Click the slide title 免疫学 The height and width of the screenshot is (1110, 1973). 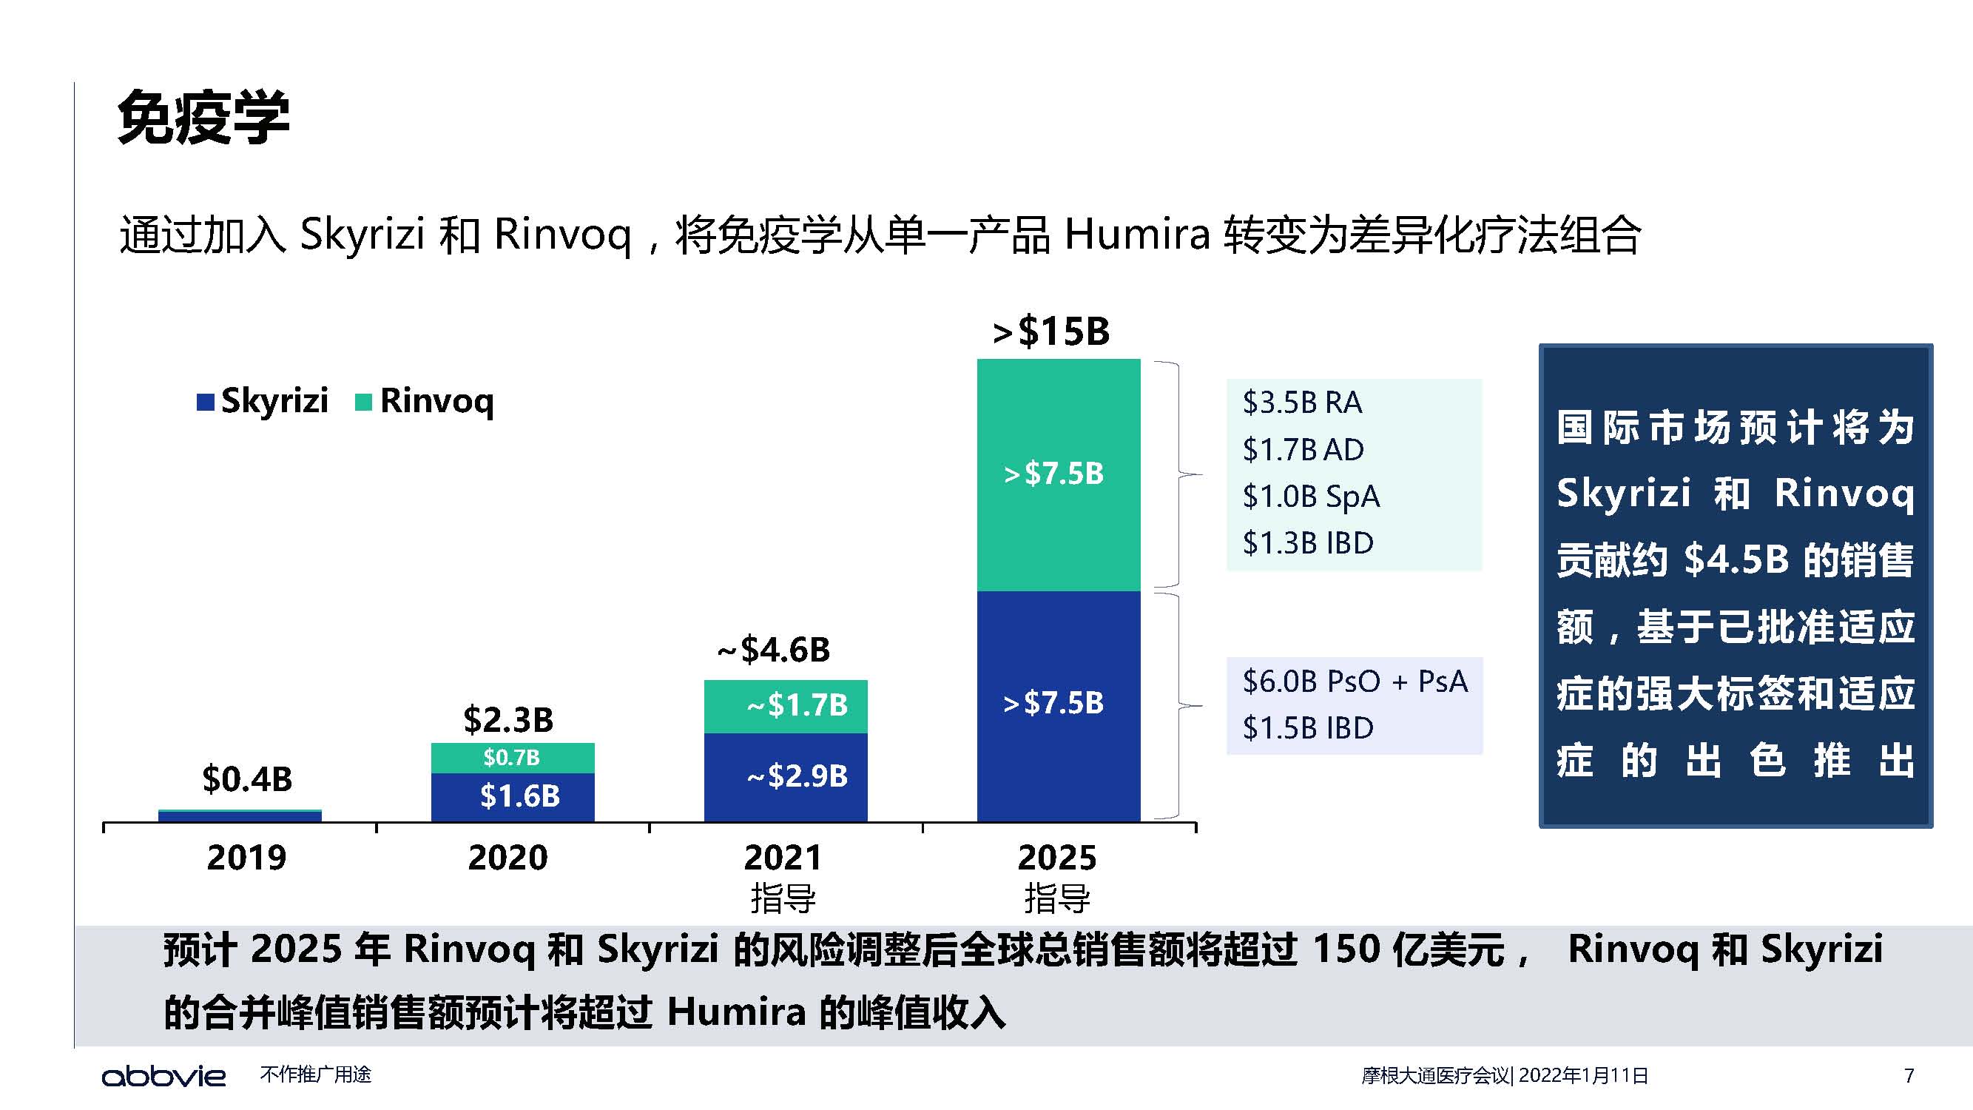coord(203,118)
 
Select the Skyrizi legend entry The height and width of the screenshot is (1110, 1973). coord(263,400)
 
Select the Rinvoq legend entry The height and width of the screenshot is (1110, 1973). coord(425,400)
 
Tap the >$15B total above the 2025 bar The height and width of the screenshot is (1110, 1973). coord(1050,332)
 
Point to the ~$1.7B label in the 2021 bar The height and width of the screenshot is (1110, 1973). coord(797,704)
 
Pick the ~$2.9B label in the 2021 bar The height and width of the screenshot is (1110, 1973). coord(797,776)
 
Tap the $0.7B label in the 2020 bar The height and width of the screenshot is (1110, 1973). coord(512,758)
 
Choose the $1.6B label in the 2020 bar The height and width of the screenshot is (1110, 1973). coord(519,796)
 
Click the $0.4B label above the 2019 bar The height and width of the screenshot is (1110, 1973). coord(246,779)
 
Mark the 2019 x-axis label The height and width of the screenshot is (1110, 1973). coord(246,857)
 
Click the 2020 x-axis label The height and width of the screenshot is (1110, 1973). coord(507,857)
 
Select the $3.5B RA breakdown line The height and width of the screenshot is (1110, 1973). coord(1302,402)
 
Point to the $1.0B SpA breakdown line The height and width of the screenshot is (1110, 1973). coord(1310,497)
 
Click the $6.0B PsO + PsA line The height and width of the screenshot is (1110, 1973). coord(1354,681)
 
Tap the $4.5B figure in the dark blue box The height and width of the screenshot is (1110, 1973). coord(1736,560)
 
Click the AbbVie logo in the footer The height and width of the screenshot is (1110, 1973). coord(164,1075)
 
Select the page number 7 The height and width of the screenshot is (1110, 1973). coord(1909,1075)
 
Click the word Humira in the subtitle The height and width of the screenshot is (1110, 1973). coord(1136,234)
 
